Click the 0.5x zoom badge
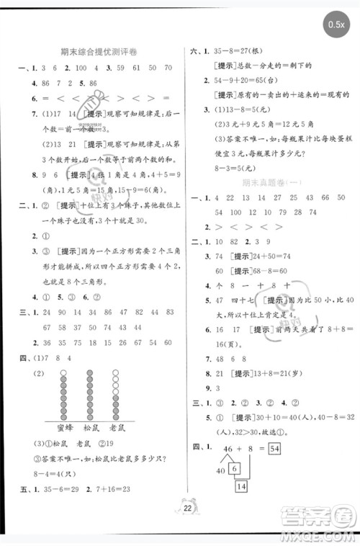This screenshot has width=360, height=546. tap(336, 25)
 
